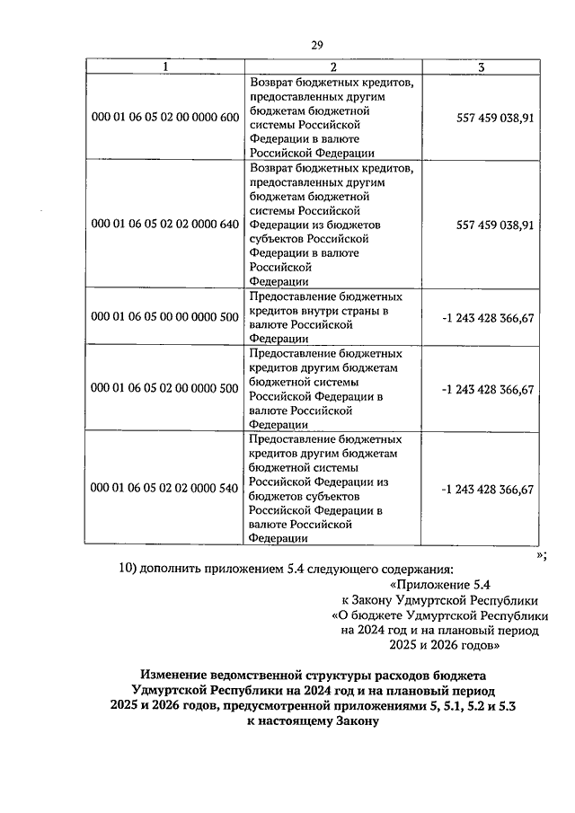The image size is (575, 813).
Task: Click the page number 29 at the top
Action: coord(317,47)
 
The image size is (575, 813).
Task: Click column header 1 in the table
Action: coord(164,67)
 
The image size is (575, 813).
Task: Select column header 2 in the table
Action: coord(333,67)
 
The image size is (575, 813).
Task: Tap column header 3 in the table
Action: coord(482,67)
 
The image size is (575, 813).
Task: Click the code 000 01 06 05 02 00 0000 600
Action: coord(164,118)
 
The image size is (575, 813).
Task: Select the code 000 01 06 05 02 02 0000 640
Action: coord(164,225)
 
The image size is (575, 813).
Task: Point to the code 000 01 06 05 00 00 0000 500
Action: coord(164,318)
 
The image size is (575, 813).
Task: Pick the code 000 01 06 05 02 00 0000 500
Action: coord(164,389)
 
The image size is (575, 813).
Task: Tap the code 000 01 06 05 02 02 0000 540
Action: coord(164,489)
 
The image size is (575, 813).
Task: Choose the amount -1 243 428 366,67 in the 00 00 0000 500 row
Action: coord(488,318)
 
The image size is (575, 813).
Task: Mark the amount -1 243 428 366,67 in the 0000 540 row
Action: coord(488,489)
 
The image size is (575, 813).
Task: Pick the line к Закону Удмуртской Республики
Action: coord(439,600)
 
